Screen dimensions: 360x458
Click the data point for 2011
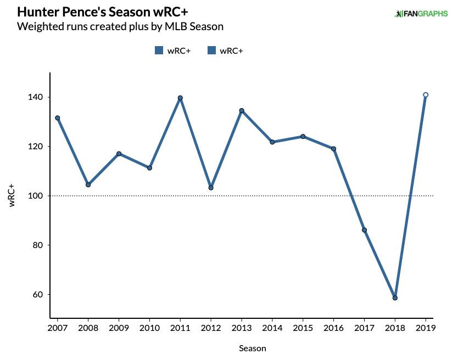180,98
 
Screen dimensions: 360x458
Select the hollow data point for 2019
426,95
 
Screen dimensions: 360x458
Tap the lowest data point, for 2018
395,298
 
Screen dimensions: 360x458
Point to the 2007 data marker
57,118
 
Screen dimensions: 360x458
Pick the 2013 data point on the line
242,111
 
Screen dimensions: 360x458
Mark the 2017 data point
364,230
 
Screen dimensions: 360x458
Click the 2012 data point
211,188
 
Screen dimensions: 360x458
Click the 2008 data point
88,185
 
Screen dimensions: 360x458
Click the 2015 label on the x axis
303,328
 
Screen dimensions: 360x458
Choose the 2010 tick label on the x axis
149,328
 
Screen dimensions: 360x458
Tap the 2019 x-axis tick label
426,328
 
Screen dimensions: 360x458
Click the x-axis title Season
253,348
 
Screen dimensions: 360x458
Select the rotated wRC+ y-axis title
12,195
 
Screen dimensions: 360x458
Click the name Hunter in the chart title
36,12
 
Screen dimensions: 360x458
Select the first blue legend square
159,50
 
